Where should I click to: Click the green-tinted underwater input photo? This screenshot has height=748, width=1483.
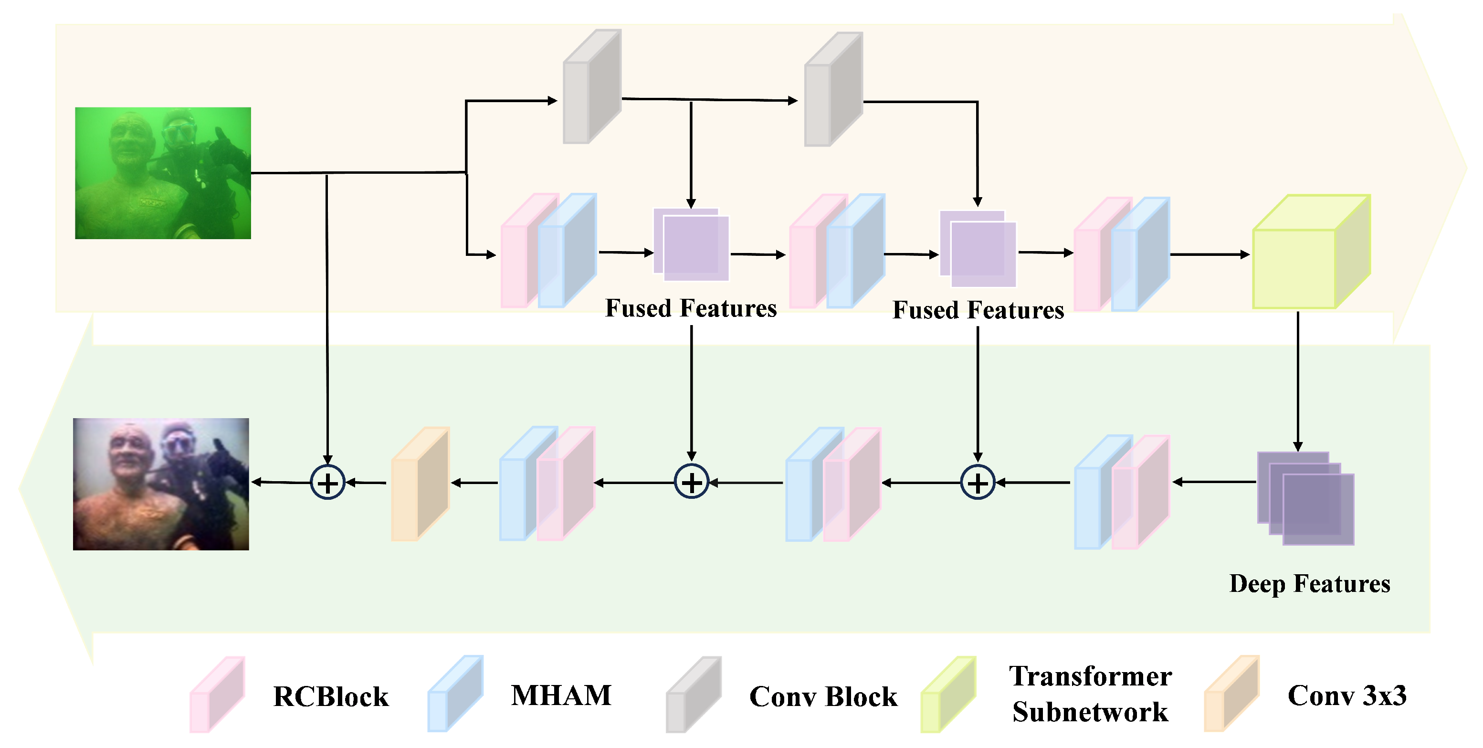tap(163, 173)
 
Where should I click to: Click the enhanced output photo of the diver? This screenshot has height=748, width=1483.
tap(161, 484)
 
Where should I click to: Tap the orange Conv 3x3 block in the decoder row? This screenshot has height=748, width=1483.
tap(420, 484)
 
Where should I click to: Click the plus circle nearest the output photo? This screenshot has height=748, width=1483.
tap(327, 482)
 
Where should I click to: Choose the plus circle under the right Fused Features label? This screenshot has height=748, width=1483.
tap(978, 482)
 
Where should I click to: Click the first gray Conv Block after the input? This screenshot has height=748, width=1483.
tap(591, 86)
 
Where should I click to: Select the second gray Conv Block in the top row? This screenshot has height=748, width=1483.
tap(832, 89)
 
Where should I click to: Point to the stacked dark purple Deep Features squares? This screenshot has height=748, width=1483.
tap(1306, 498)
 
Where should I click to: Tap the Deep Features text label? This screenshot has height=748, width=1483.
tap(1309, 584)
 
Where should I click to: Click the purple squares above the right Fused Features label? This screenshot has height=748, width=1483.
tap(978, 249)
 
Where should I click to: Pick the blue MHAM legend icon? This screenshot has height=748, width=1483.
tap(455, 694)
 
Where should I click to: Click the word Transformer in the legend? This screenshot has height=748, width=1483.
tap(1090, 676)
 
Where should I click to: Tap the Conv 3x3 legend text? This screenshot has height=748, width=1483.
tap(1346, 695)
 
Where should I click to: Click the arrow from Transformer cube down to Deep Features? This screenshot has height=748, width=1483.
tap(1298, 380)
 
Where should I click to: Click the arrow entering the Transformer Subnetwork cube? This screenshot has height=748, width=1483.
tap(1209, 254)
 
